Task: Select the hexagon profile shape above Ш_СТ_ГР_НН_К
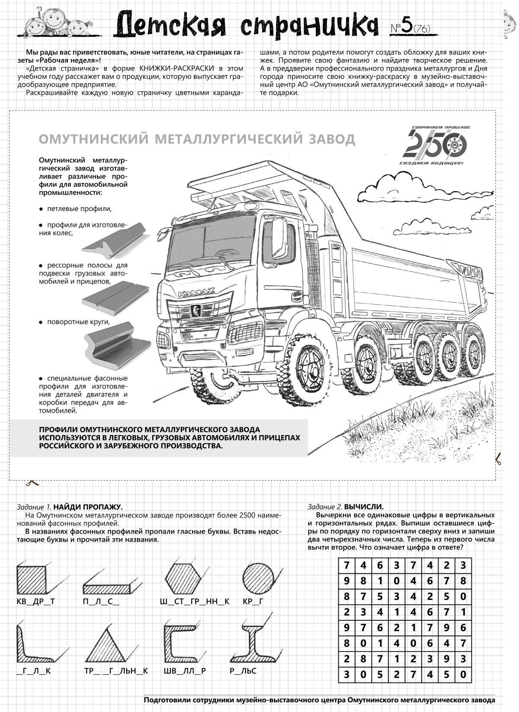pos(183,578)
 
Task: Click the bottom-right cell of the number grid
pos(463,674)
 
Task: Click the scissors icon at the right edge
pos(498,459)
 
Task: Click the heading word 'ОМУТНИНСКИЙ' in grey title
pos(93,139)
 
